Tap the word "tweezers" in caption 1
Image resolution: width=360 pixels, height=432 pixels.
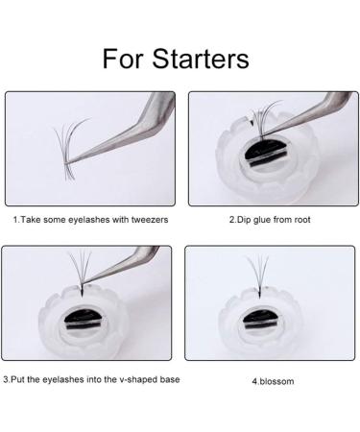147,220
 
